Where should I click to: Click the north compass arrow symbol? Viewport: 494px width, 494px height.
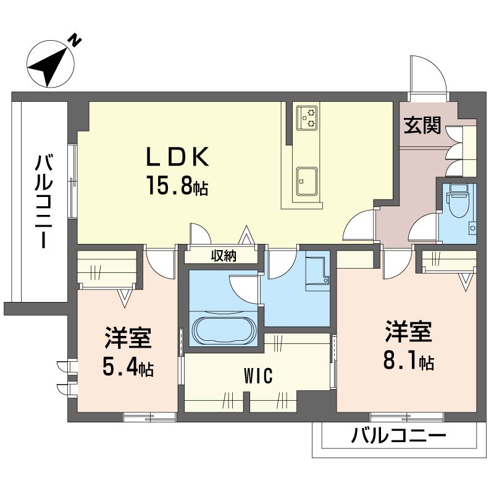pyautogui.click(x=52, y=63)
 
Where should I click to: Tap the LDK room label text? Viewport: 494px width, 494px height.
pyautogui.click(x=177, y=157)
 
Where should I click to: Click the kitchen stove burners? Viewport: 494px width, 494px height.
pyautogui.click(x=306, y=117)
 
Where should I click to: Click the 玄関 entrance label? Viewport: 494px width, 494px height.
pyautogui.click(x=423, y=126)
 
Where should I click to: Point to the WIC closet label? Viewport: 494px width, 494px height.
pyautogui.click(x=258, y=376)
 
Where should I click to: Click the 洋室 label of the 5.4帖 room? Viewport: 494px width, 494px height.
pyautogui.click(x=128, y=339)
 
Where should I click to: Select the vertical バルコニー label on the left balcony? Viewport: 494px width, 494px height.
pyautogui.click(x=43, y=202)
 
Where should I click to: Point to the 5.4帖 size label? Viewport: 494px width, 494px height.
pyautogui.click(x=128, y=369)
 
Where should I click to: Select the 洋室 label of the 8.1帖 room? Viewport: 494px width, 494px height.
pyautogui.click(x=408, y=332)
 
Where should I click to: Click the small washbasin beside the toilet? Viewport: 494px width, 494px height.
pyautogui.click(x=472, y=228)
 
